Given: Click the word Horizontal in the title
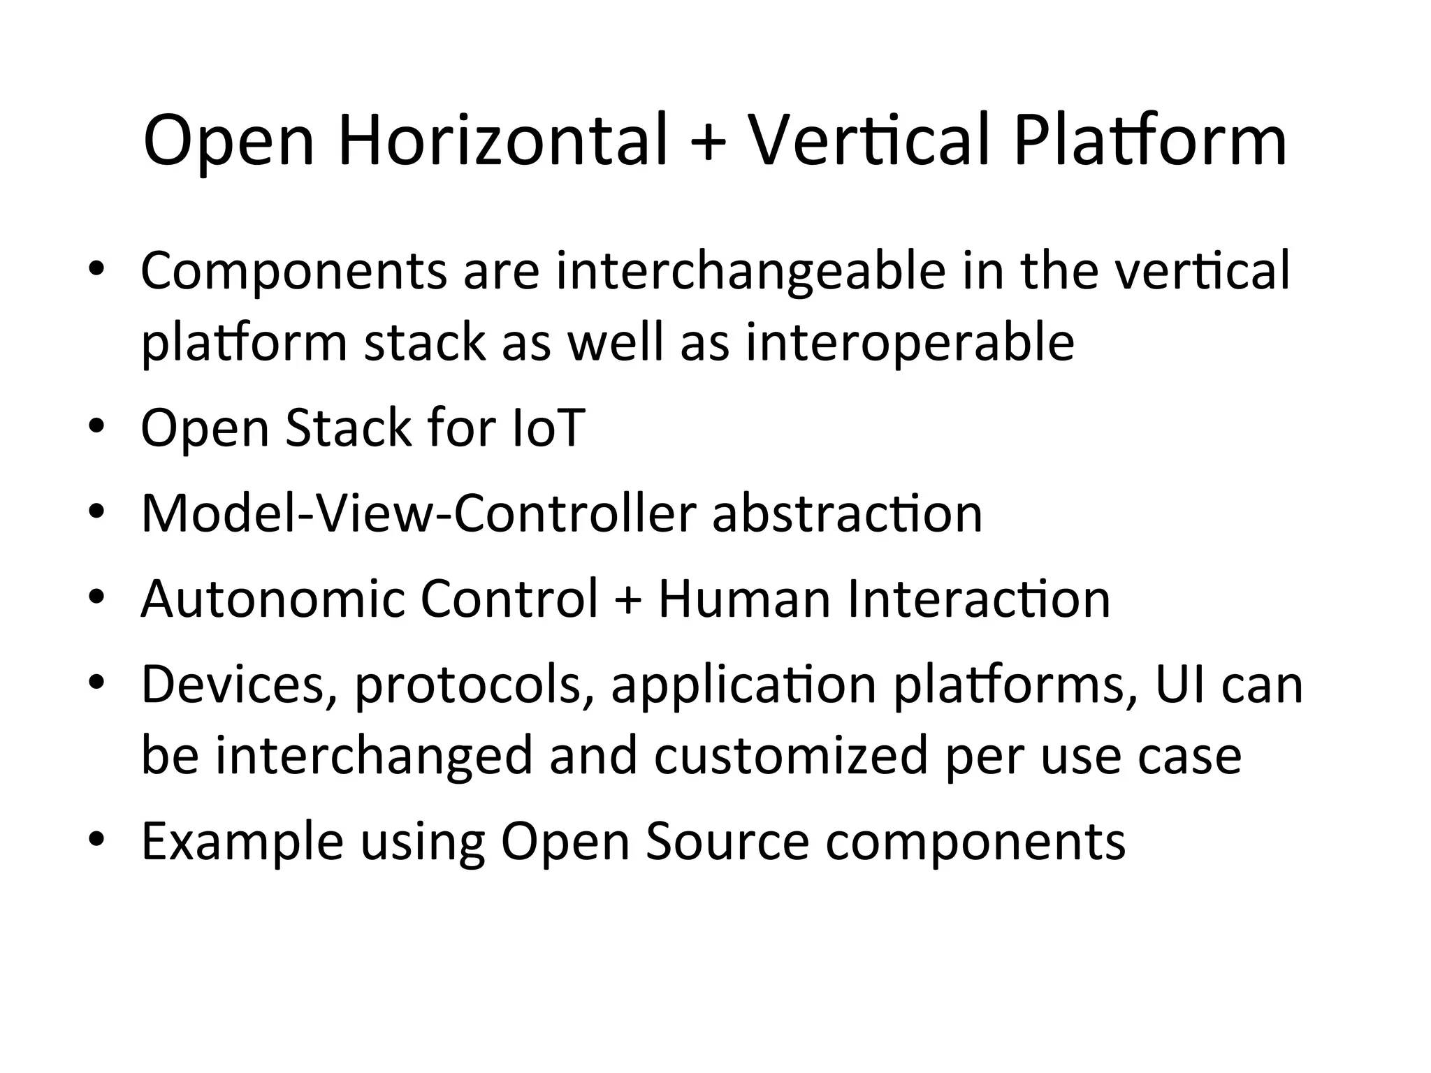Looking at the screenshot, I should pos(503,141).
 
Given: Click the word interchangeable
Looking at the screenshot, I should pos(750,271).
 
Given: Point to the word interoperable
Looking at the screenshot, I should pos(910,342).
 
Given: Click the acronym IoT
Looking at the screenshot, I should pos(548,428).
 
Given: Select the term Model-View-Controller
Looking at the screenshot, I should pos(419,513).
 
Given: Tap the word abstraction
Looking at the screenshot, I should pos(847,513).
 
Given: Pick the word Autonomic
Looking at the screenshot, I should pos(273,599).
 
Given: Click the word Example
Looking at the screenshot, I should pos(242,842).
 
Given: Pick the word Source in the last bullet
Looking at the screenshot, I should pos(727,842).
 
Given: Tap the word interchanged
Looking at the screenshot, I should pos(374,756).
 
